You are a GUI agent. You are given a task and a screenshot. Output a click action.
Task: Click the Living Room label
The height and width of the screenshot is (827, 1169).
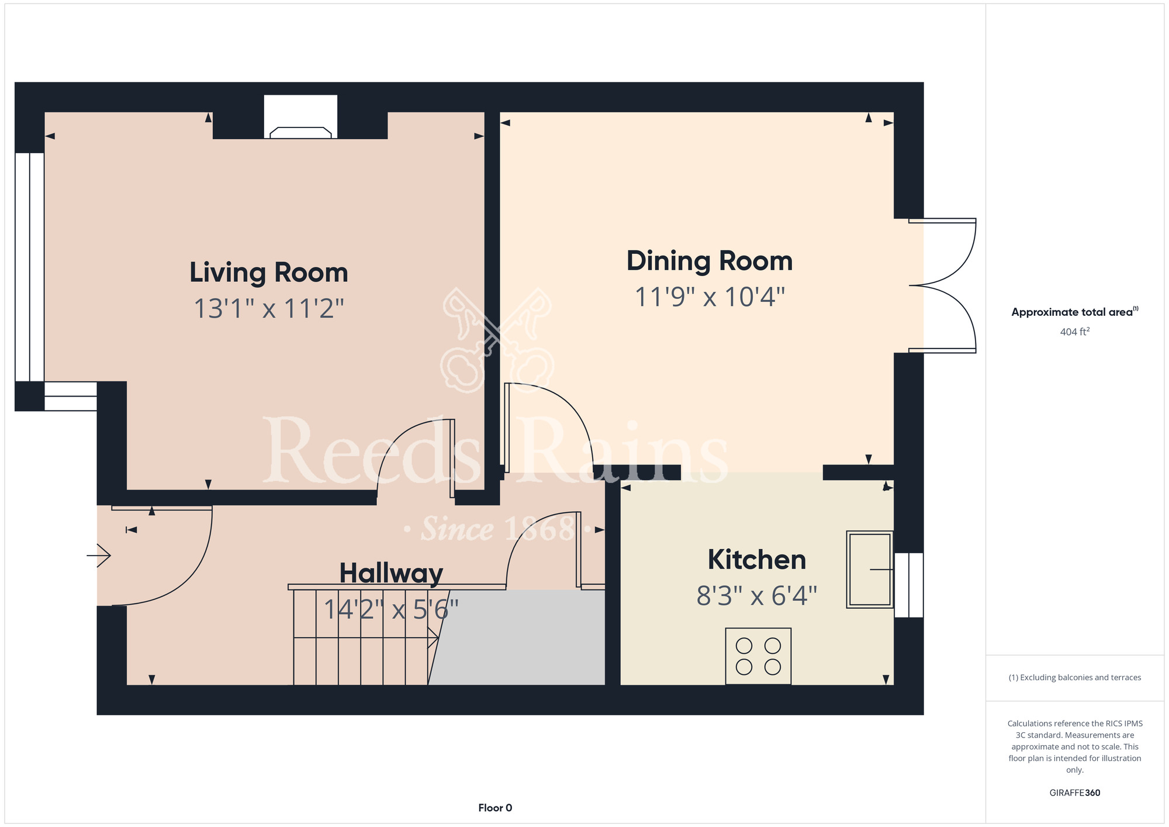[269, 273]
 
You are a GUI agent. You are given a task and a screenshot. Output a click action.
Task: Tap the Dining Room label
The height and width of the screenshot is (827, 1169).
[710, 261]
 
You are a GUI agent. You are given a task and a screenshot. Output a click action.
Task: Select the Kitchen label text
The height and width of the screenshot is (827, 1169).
[757, 560]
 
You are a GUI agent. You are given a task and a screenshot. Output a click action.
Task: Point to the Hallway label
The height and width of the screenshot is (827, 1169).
[391, 573]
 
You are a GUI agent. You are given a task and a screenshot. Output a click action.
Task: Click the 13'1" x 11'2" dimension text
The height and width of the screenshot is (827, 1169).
[269, 308]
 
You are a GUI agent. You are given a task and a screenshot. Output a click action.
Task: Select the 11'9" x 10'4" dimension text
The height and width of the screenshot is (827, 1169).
[710, 297]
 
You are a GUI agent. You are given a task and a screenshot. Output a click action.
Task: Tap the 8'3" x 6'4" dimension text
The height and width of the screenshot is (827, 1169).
[757, 596]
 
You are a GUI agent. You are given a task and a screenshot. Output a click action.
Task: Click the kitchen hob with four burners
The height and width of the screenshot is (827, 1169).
[758, 656]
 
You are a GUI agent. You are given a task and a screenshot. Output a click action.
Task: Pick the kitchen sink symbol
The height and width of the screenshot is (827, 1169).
[870, 570]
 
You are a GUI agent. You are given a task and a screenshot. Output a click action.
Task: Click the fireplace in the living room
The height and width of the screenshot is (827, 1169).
[300, 117]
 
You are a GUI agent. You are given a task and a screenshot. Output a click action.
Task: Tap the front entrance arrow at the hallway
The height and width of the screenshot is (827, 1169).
[99, 555]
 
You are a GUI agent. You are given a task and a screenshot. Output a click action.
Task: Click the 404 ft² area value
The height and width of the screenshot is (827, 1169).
[1075, 332]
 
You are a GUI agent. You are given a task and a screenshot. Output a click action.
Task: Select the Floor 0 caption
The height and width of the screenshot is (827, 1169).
[495, 808]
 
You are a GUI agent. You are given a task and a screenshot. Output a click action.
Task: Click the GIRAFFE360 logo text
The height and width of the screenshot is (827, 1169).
[1075, 793]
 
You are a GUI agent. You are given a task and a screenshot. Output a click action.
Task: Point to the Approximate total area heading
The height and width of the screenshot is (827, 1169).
[1074, 312]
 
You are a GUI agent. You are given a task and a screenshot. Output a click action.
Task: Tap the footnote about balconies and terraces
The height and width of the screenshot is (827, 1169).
[1075, 677]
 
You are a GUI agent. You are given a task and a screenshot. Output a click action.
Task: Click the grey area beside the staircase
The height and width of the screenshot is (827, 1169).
[518, 637]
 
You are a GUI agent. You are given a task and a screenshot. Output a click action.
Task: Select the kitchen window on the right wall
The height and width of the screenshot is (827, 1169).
[909, 585]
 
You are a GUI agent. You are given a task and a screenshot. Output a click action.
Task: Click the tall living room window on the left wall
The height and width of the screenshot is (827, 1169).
[29, 267]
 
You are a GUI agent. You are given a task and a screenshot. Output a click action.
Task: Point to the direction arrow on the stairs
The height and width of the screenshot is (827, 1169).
[366, 638]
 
